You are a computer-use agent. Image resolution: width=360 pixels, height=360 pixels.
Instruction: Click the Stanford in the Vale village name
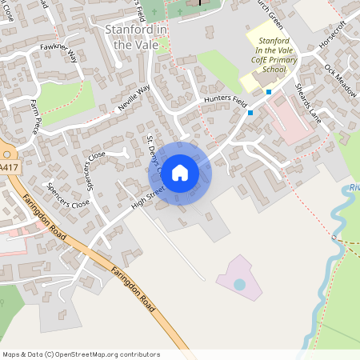pyautogui.click(x=135, y=38)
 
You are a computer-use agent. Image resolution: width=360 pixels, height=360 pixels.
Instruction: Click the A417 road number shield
pyautogui.click(x=8, y=167)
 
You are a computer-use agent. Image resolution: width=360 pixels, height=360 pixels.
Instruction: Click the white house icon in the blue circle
pyautogui.click(x=179, y=172)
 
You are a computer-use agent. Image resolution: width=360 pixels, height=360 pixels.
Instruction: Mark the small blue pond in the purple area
pyautogui.click(x=239, y=284)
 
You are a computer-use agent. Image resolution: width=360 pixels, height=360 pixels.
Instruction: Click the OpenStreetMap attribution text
pyautogui.click(x=81, y=354)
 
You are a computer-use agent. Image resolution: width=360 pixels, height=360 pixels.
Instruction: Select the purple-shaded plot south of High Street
pyautogui.click(x=238, y=276)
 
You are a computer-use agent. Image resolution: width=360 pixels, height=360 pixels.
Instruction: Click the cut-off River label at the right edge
pyautogui.click(x=354, y=189)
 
